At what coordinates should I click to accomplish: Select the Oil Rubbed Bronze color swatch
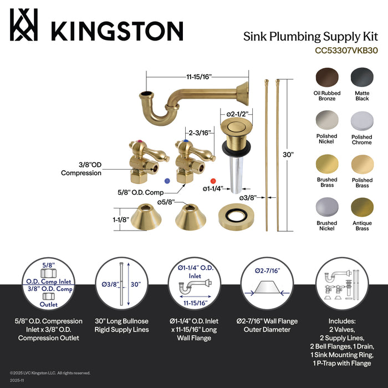point(327,78)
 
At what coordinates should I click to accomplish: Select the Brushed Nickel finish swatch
point(327,207)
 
